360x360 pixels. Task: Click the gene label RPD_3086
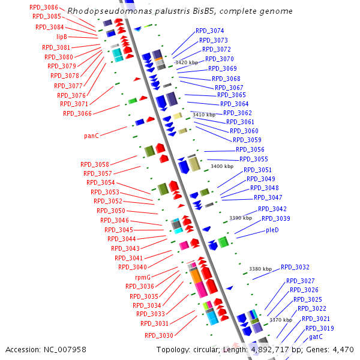point(43,7)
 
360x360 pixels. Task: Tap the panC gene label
point(91,136)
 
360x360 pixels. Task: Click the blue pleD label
point(272,230)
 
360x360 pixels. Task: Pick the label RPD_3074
point(210,31)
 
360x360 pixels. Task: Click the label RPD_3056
point(250,149)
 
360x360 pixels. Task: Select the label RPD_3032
point(295,267)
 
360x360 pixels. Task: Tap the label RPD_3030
point(158,335)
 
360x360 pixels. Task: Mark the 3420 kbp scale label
point(186,62)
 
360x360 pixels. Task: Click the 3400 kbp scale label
point(222,166)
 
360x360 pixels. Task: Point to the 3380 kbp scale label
point(260,269)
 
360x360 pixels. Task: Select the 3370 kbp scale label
point(280,320)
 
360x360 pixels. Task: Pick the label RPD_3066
point(77,113)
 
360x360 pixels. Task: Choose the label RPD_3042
point(272,209)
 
